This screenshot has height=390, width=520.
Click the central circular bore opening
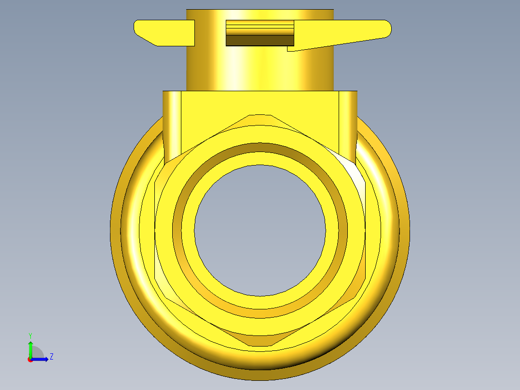[260, 230]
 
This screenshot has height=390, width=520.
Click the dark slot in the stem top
[260, 41]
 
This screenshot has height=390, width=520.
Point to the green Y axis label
[30, 335]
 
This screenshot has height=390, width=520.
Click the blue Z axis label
[52, 357]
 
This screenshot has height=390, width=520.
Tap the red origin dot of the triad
[30, 360]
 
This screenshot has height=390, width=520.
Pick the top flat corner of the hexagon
[260, 115]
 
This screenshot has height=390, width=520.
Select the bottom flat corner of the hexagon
[260, 346]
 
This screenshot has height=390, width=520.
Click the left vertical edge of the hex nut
[155, 230]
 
